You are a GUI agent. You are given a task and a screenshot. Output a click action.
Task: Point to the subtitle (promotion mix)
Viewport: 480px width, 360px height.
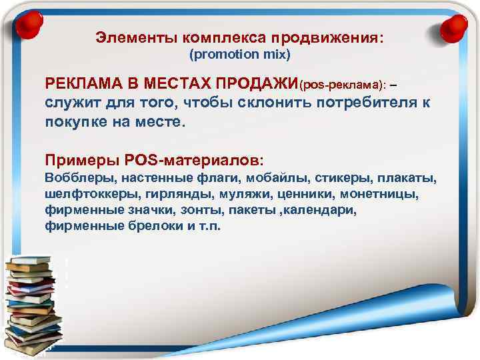pyautogui.click(x=241, y=53)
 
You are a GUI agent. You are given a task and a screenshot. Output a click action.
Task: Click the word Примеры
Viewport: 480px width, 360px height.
pyautogui.click(x=81, y=160)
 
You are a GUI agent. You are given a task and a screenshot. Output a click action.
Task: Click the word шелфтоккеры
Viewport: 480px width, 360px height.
pyautogui.click(x=84, y=195)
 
